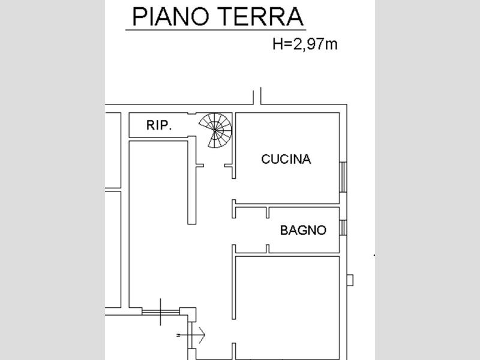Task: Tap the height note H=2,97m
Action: pyautogui.click(x=305, y=44)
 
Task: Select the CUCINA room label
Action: pyautogui.click(x=286, y=160)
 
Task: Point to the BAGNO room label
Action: pyautogui.click(x=304, y=230)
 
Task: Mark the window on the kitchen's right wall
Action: pyautogui.click(x=343, y=177)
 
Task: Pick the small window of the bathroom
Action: pyautogui.click(x=343, y=229)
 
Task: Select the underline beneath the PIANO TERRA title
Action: pyautogui.click(x=215, y=29)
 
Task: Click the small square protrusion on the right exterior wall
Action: pyautogui.click(x=350, y=280)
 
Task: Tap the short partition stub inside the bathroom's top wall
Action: pyautogui.click(x=266, y=212)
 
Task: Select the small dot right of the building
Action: pyautogui.click(x=375, y=256)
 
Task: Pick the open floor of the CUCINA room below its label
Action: pyautogui.click(x=286, y=183)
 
